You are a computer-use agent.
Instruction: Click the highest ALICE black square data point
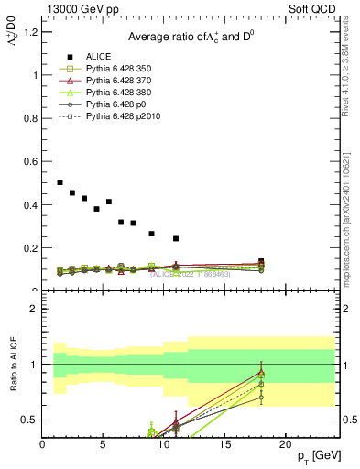[x=60, y=182]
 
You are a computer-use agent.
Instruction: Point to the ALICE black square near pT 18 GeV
[x=261, y=262]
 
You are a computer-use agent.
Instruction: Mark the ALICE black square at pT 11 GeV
[x=176, y=238]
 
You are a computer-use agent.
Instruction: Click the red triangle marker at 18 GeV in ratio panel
[x=261, y=373]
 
